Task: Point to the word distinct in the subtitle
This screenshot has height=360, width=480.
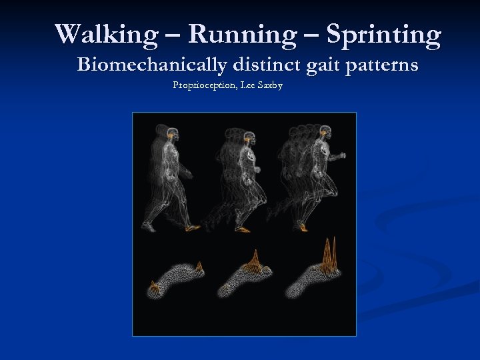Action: click(x=267, y=65)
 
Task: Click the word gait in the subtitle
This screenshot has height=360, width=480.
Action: click(x=325, y=65)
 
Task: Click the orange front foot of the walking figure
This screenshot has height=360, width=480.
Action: click(x=192, y=228)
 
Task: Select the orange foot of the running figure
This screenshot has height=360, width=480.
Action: click(x=243, y=229)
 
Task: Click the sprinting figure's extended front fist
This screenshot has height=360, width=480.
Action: click(x=343, y=155)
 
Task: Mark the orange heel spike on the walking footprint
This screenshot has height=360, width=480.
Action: click(x=155, y=289)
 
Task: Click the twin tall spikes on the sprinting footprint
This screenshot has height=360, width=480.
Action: click(x=329, y=253)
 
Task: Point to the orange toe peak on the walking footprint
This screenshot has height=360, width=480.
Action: click(x=199, y=267)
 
